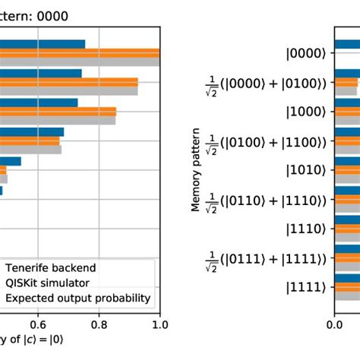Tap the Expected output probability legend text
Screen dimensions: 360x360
click(x=77, y=298)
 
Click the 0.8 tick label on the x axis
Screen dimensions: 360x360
click(x=99, y=324)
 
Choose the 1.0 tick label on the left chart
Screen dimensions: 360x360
click(x=159, y=324)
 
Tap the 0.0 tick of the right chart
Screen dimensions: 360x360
click(x=334, y=324)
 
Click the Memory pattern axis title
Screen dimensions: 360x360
click(x=195, y=169)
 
